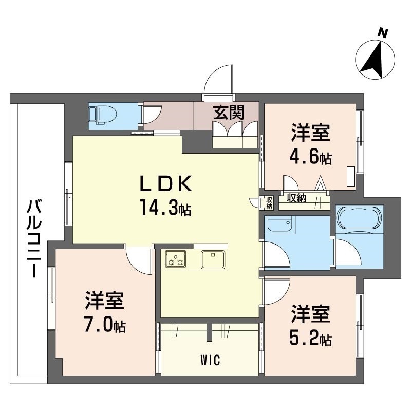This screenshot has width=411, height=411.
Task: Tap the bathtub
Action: point(359,217)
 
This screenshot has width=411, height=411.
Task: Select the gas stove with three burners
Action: point(175,259)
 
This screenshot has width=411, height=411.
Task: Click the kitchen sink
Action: point(213,259)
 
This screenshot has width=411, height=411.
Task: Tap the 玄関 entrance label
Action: point(229,112)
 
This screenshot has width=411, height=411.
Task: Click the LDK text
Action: point(166,183)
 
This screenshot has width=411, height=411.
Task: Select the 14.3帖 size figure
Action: point(165,207)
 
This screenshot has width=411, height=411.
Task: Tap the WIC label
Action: point(210,360)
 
